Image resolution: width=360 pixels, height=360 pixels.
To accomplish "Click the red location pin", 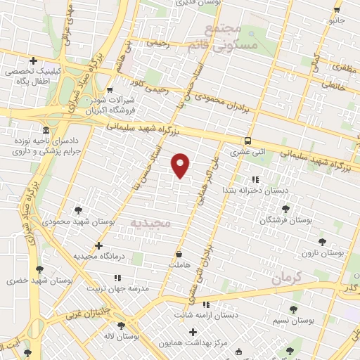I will (x=181, y=165).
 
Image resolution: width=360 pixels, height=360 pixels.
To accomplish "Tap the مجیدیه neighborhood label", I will (x=150, y=224).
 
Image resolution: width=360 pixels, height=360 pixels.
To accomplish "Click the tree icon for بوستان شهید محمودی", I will (x=79, y=210).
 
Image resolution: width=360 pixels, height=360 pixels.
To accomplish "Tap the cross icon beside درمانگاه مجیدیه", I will (x=99, y=245).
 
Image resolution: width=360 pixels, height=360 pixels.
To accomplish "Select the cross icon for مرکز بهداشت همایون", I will (x=193, y=331).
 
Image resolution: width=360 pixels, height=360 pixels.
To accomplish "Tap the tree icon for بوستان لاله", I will (x=122, y=325).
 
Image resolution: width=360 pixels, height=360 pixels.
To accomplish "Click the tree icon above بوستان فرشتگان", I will (x=285, y=209).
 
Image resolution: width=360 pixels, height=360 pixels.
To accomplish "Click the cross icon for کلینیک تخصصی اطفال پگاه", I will (x=33, y=60).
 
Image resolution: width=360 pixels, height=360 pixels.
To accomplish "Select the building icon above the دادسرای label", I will (x=46, y=131).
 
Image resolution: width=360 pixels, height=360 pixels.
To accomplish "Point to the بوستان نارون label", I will (x=321, y=252).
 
